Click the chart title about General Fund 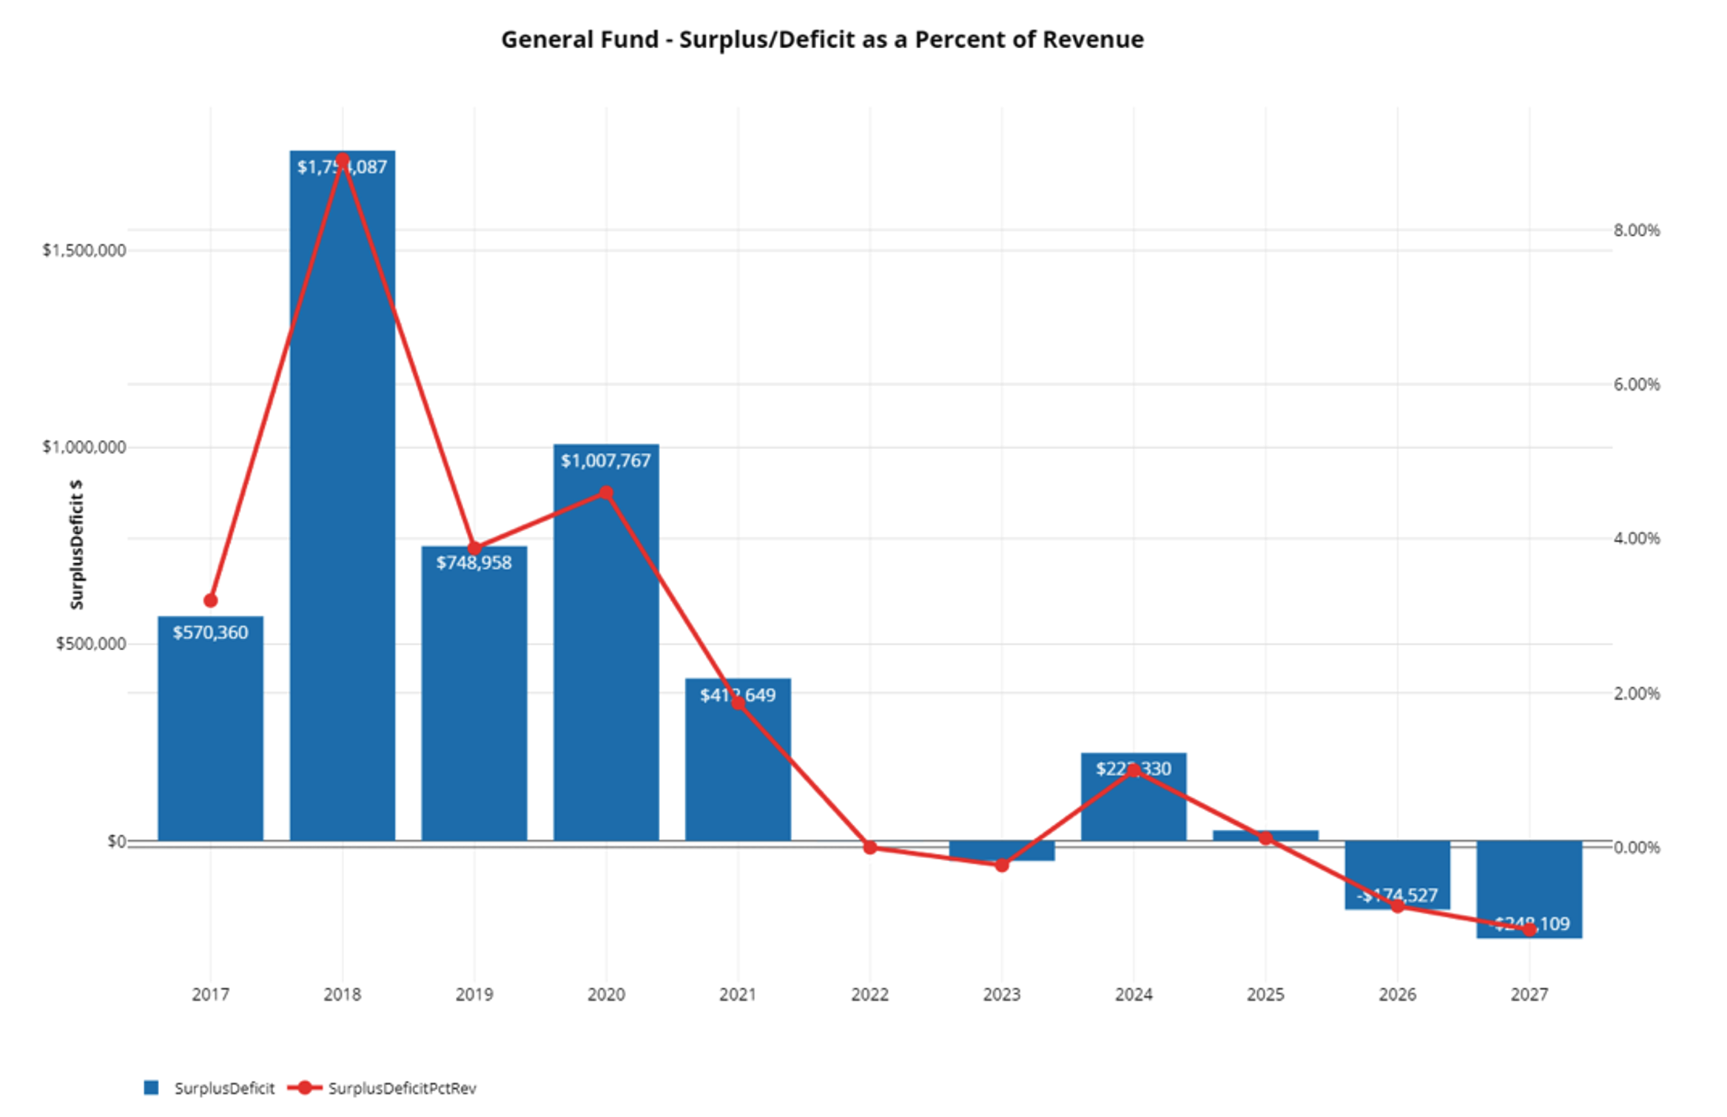(822, 40)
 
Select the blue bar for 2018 (342, 518)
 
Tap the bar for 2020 (606, 666)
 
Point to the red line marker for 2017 (210, 601)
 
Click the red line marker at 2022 (870, 848)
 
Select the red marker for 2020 (606, 493)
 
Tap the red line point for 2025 (1266, 838)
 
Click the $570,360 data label (210, 632)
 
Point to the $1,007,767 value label (605, 461)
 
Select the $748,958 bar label (474, 563)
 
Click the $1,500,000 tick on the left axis (84, 250)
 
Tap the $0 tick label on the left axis (116, 842)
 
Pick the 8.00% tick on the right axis (1636, 230)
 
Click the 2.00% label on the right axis (1636, 693)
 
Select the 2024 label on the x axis (1134, 995)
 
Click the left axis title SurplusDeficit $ (76, 544)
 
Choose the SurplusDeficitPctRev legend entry (402, 1088)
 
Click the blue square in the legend (151, 1087)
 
